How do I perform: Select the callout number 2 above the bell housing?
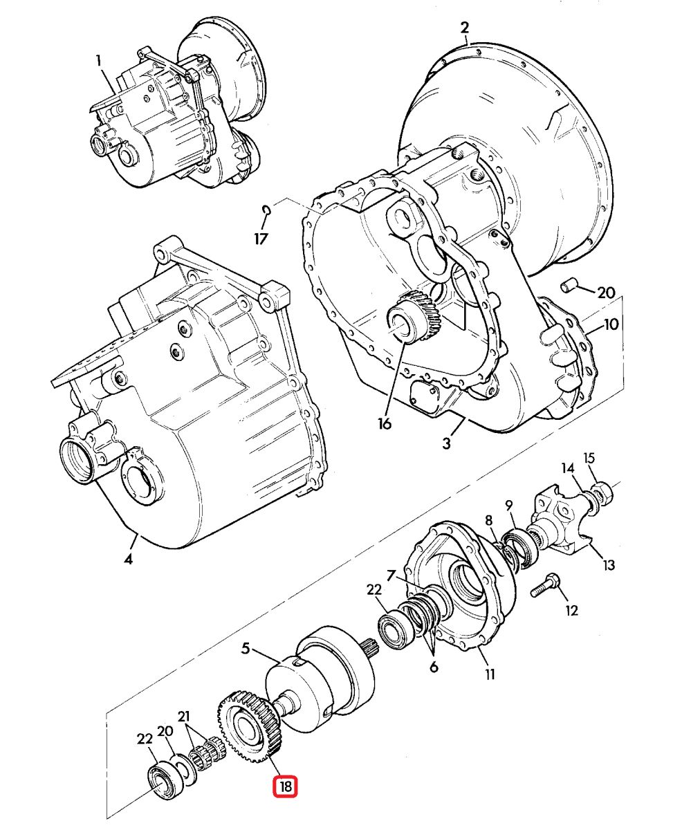(464, 28)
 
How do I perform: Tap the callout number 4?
(128, 559)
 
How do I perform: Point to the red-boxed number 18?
(286, 786)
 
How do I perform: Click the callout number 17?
(260, 239)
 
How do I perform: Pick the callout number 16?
(385, 423)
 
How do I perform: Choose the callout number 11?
(490, 673)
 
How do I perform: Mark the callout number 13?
(608, 566)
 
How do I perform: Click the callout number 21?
(183, 716)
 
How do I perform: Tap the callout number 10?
(611, 324)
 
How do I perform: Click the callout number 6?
(433, 667)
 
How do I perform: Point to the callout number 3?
(448, 443)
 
